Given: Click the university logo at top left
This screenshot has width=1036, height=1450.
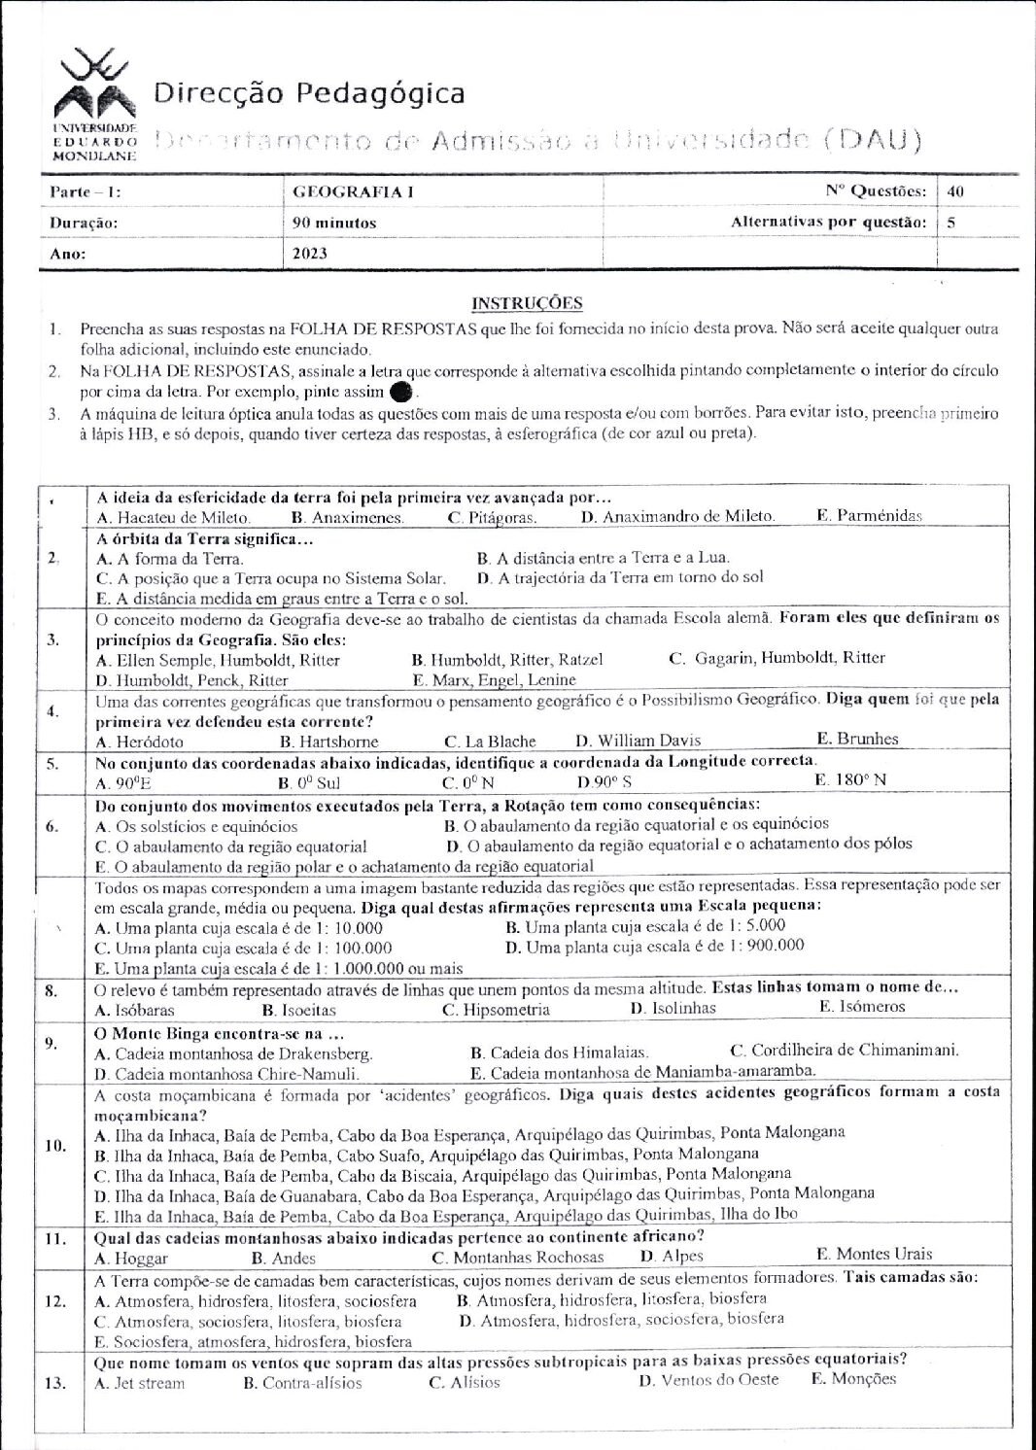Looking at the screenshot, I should click(93, 92).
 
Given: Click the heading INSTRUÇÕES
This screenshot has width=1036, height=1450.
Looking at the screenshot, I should click(527, 303).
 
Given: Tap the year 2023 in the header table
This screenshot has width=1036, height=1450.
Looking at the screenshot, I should click(310, 254).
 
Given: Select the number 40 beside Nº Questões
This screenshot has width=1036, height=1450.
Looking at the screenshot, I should click(955, 191).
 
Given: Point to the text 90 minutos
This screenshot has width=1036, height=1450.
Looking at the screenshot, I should click(334, 223).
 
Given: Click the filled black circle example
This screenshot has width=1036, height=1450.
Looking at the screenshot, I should click(399, 393).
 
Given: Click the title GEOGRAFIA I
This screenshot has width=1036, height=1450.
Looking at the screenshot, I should click(353, 191).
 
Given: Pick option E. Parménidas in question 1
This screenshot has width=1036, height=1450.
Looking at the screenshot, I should click(869, 516).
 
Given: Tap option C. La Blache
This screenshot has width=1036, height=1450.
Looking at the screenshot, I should click(490, 741).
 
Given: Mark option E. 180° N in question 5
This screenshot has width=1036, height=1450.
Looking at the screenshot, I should click(850, 779).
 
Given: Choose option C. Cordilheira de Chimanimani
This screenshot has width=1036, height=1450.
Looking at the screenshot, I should click(844, 1050).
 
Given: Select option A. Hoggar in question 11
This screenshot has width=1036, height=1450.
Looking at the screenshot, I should click(132, 1258).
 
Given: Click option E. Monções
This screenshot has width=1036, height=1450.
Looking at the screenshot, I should click(853, 1379).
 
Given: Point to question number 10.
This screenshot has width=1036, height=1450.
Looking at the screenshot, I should click(55, 1145).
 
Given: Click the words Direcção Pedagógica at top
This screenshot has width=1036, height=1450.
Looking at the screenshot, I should click(309, 93).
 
